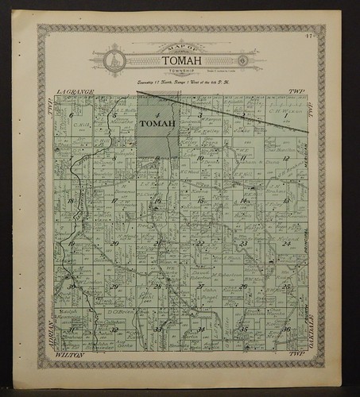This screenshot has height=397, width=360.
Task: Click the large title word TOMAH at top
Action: [x=181, y=60]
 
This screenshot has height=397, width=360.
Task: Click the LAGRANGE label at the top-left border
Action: [x=75, y=93]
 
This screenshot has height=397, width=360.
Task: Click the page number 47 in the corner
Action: [x=315, y=37]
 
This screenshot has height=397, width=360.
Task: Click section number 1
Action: [x=285, y=116]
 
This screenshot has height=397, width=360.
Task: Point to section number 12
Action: [x=285, y=158]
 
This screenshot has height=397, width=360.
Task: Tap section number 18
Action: [x=72, y=201]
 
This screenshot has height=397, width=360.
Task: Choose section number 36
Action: [x=285, y=329]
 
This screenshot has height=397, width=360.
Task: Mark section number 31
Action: [x=72, y=329]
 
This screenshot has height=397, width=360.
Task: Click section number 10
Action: [x=201, y=158]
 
